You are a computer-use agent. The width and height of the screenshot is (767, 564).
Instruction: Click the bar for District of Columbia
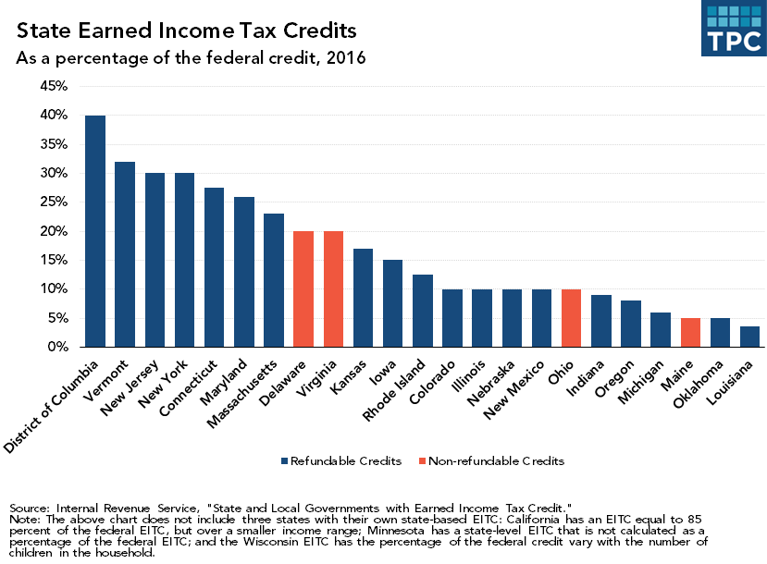[x=95, y=231]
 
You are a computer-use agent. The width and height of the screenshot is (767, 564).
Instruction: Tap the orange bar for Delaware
[x=303, y=288]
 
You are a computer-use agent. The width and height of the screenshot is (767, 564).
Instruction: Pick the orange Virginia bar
[x=333, y=288]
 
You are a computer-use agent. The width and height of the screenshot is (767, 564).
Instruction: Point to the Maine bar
[x=690, y=333]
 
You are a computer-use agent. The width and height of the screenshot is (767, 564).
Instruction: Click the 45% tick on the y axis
[x=55, y=86]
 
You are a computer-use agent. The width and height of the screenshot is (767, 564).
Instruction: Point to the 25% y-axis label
[x=55, y=202]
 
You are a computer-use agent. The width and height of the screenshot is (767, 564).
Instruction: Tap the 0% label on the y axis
[x=58, y=348]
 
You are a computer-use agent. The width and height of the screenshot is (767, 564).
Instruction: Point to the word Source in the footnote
[x=30, y=509]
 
